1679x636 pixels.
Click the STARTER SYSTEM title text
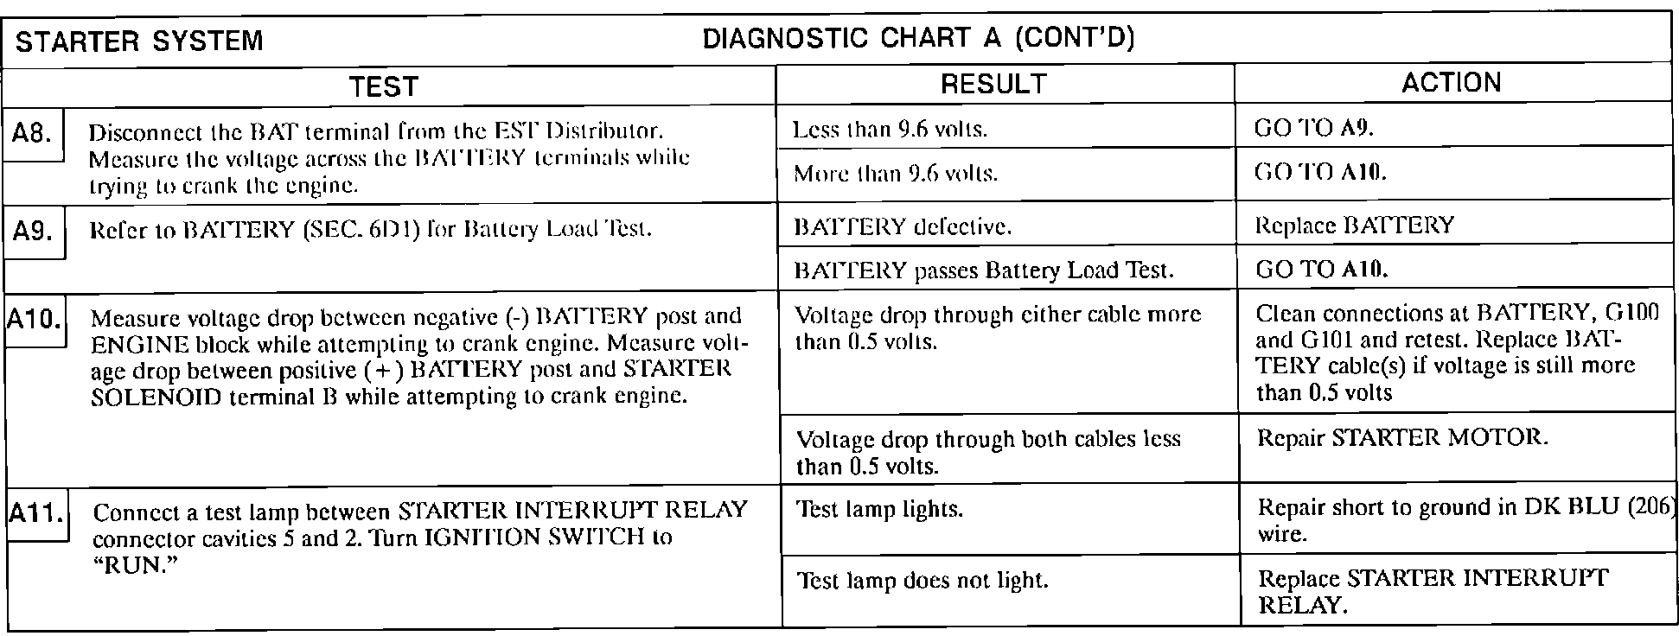point(140,41)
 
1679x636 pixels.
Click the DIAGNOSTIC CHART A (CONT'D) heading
point(918,39)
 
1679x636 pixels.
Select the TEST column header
point(385,86)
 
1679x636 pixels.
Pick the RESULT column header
point(993,84)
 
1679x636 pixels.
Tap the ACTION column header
point(1451,82)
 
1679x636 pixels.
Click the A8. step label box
point(33,135)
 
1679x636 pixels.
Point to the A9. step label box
point(35,232)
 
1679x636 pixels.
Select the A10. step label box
point(34,321)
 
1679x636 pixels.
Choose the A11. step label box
point(35,515)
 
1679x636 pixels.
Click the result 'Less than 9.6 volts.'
point(890,130)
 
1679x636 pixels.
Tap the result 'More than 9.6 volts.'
point(896,174)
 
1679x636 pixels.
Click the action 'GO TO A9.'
point(1313,129)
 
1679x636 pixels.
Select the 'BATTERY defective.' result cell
point(903,227)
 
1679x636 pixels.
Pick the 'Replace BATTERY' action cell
point(1354,226)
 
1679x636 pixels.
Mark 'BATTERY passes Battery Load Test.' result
point(984,270)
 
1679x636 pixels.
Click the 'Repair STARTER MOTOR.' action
point(1402,437)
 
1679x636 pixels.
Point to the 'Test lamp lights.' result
point(879,509)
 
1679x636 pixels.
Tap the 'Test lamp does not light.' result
point(922,580)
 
